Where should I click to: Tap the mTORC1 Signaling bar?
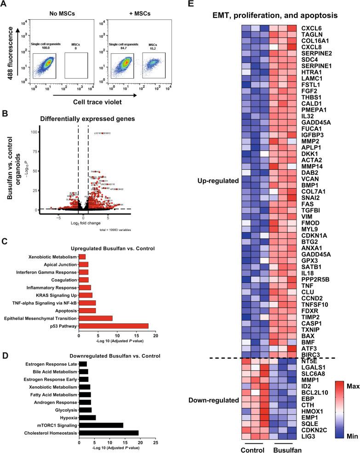[x=101, y=425]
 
